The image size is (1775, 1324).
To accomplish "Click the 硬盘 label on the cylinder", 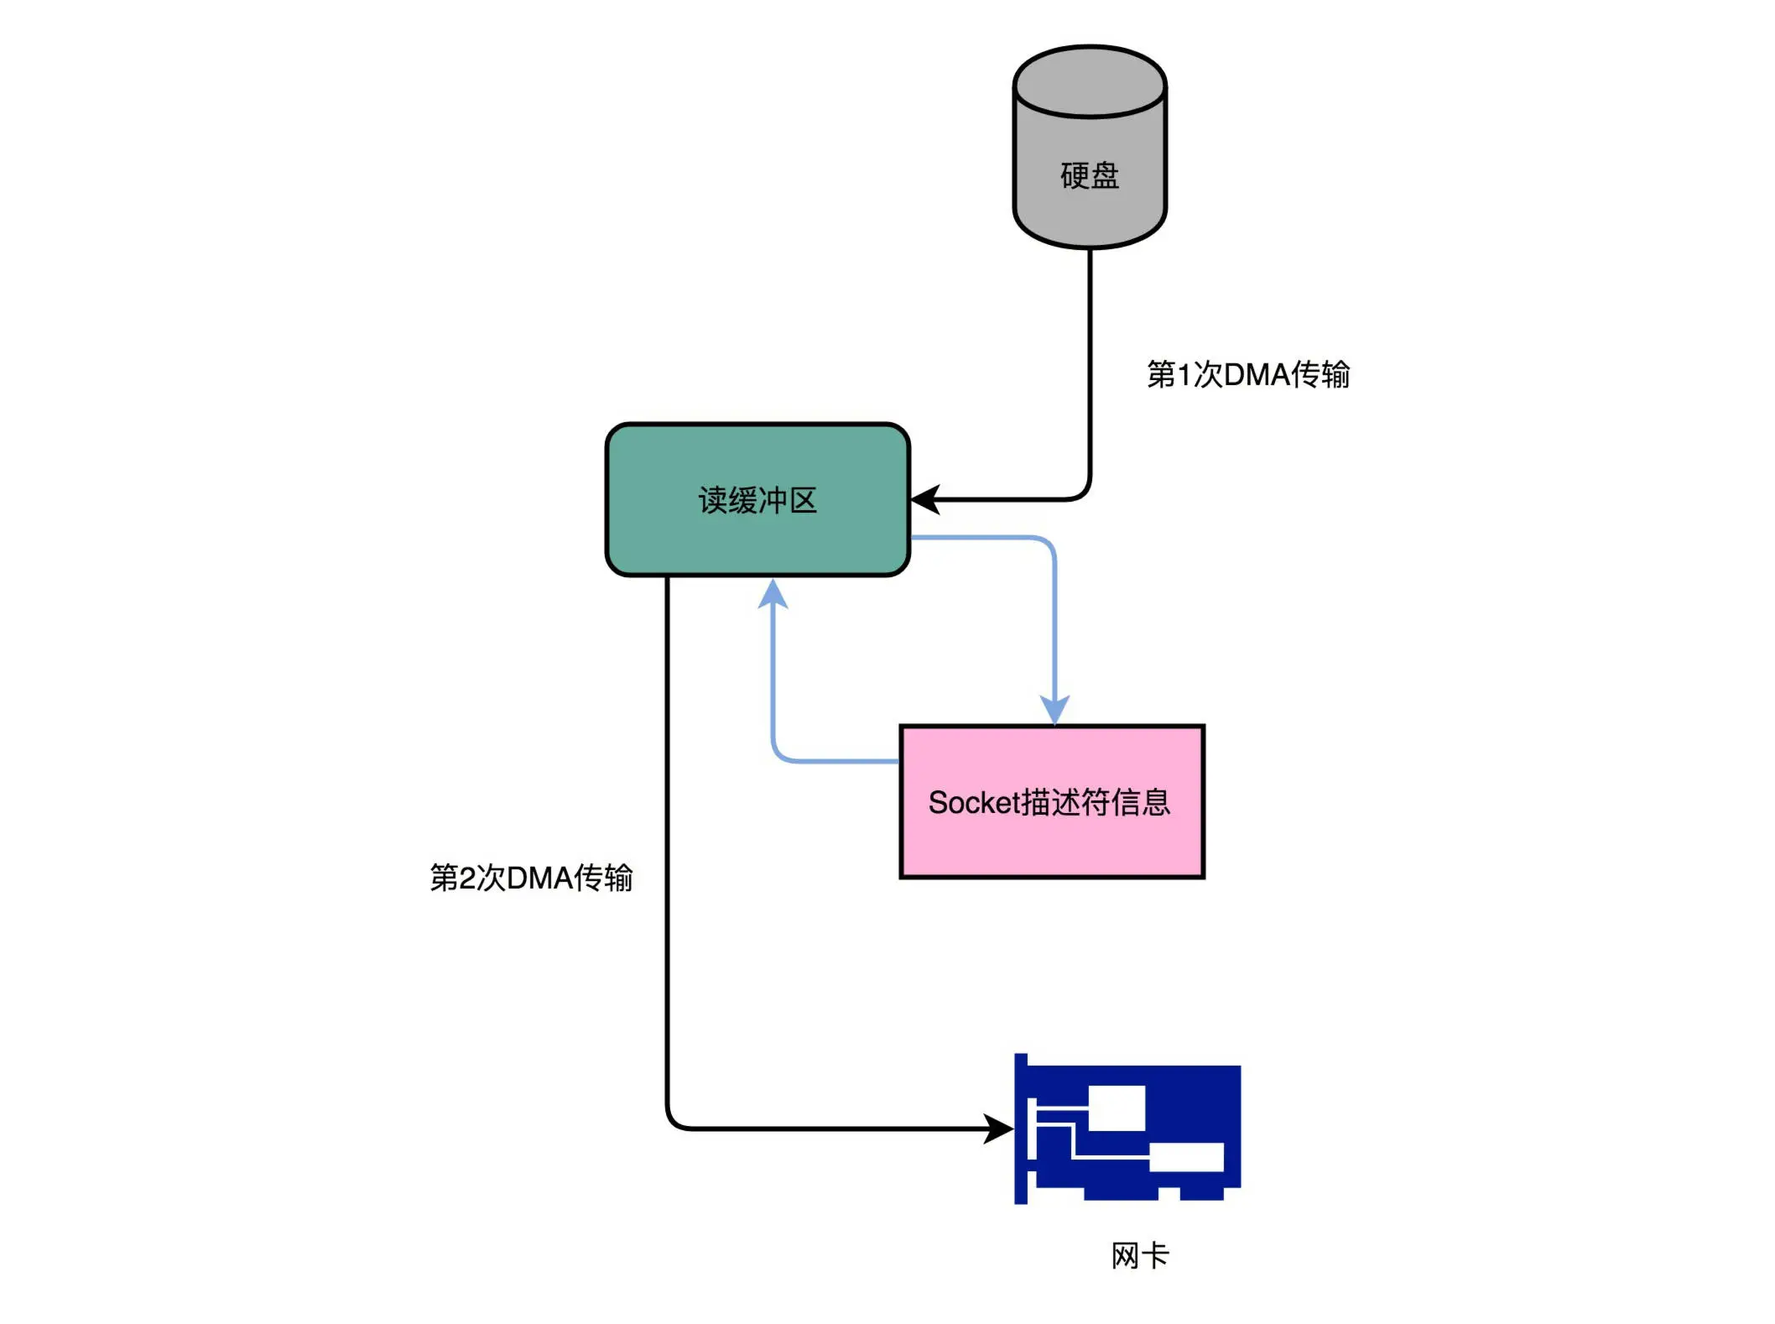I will coord(1089,175).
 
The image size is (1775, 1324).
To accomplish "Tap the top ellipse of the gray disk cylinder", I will coord(1089,81).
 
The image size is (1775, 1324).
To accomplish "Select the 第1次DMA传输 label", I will coord(1247,374).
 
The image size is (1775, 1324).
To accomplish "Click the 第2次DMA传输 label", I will coord(531,878).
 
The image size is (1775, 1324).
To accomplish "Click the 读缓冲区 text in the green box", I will coord(757,500).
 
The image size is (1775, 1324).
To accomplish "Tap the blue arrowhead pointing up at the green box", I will coord(773,593).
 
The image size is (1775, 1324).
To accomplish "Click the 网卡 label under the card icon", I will coord(1139,1256).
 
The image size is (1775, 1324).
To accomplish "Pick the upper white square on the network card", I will coord(1117,1108).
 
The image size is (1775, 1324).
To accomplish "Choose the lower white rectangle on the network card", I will coord(1186,1158).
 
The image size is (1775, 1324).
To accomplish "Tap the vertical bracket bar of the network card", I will coord(1020,1129).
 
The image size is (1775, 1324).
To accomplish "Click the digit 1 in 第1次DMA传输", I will coord(1184,375).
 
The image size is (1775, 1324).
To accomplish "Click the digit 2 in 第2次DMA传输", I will coord(467,878).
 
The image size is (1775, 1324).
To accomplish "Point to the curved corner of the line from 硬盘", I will coord(1083,493).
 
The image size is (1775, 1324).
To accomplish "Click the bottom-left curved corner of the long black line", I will coord(674,1122).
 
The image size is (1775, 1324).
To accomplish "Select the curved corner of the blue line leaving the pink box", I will coord(779,754).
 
